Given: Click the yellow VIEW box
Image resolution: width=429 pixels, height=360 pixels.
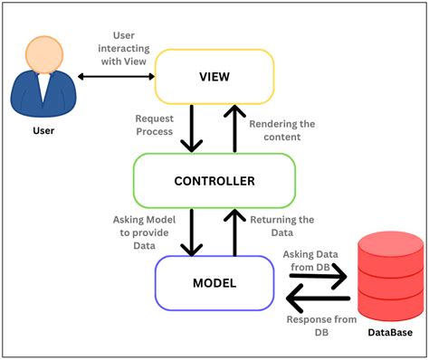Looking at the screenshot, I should (x=214, y=76).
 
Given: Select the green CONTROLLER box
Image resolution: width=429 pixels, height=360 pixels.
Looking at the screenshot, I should (x=214, y=181).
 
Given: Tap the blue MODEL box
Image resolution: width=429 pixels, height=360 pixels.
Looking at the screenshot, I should (x=214, y=283).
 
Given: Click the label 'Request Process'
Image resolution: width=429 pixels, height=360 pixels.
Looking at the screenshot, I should (x=154, y=125).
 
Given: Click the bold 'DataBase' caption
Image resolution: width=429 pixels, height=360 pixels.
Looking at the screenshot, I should (x=391, y=334).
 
